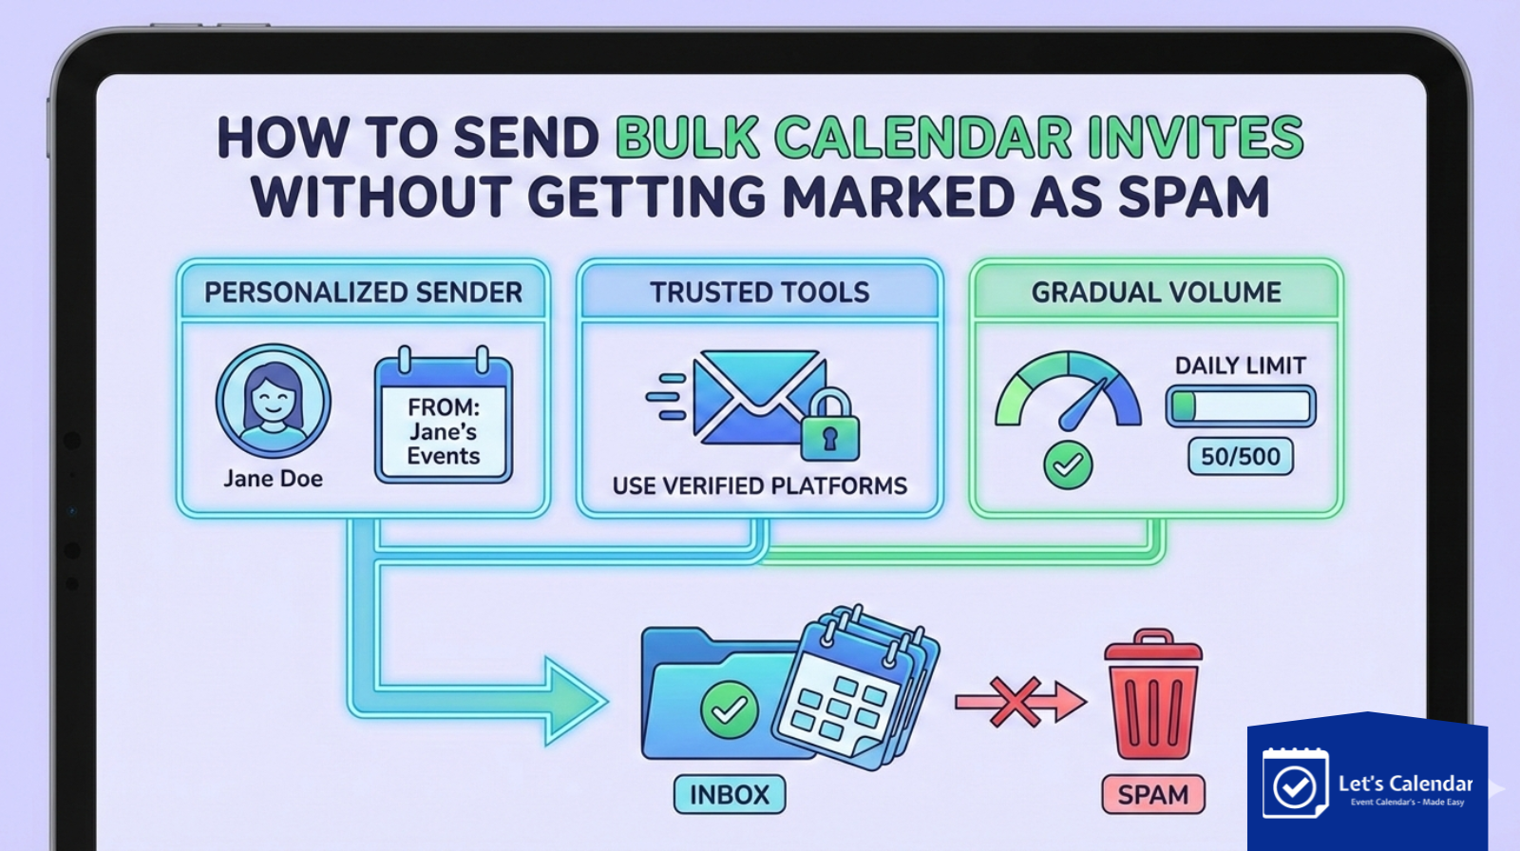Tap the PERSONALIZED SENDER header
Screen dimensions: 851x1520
(363, 293)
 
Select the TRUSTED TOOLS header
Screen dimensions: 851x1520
(759, 293)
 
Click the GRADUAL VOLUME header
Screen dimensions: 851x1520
(1156, 293)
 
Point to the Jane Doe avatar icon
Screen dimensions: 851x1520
(274, 401)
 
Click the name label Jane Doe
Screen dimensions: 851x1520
(274, 479)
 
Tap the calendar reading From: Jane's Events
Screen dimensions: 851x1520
(444, 419)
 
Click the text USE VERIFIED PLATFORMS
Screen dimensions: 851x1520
(759, 486)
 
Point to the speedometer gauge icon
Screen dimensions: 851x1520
(1068, 391)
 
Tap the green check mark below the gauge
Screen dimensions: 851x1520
(1068, 464)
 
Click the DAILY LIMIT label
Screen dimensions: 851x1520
(1240, 366)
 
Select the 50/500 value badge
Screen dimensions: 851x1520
(1240, 457)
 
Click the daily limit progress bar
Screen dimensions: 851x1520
(1241, 407)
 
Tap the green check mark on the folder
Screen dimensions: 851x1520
(729, 709)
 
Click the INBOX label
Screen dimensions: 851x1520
(729, 795)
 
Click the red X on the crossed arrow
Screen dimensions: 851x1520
(1015, 703)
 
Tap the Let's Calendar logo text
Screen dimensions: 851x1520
(1405, 784)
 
